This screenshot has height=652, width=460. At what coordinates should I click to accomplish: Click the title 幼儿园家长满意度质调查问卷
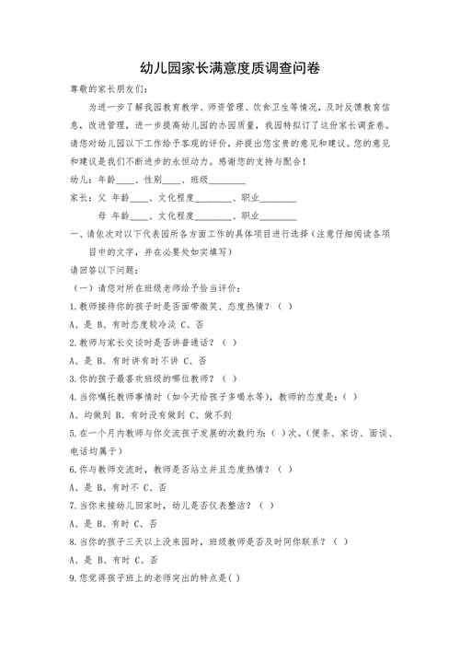230,70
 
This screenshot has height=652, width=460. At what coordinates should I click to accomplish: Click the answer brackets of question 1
285,306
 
